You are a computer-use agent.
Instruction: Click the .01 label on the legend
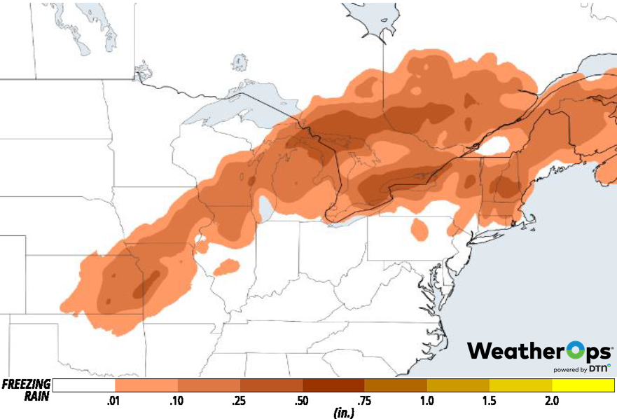112,401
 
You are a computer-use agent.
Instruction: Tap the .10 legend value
176,401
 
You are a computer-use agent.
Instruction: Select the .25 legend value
240,401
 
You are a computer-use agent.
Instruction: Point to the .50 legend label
303,401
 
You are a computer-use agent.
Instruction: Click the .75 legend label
365,401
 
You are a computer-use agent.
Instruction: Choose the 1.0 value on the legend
427,401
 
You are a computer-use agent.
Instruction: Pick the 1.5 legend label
490,401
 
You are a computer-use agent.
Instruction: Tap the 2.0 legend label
552,401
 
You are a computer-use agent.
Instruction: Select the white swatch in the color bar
83,385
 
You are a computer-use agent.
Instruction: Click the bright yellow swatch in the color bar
583,385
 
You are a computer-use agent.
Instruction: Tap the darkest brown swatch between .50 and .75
333,385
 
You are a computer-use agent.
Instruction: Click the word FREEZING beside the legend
26,384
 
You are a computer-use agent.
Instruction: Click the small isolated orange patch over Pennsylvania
420,229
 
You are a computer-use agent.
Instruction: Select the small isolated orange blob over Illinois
226,267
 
